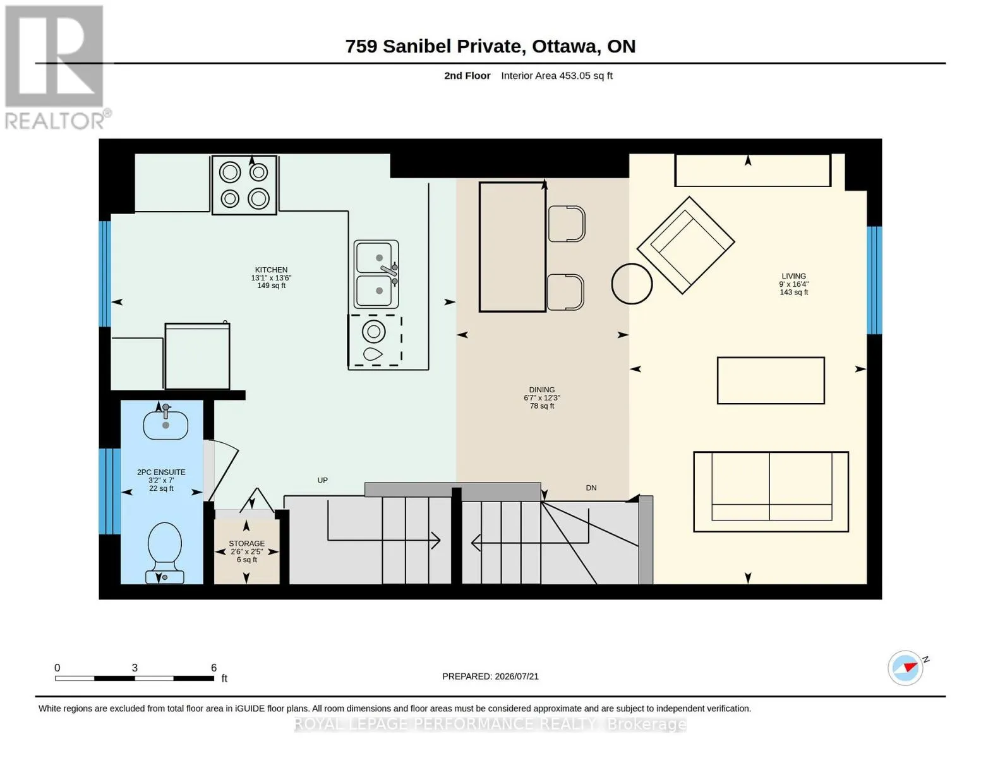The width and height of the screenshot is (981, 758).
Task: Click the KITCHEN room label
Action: (271, 270)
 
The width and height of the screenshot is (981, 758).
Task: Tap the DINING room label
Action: (542, 390)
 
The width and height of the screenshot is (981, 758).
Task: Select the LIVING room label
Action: (793, 276)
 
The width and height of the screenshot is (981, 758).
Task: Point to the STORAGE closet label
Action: (246, 544)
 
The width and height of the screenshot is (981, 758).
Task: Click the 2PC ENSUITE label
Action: (161, 472)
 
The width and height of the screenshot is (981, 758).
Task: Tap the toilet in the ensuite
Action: (165, 553)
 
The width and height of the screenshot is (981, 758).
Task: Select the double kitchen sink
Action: (376, 274)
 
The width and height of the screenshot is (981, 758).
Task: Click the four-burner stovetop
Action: (244, 185)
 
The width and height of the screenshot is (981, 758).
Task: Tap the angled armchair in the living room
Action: (686, 245)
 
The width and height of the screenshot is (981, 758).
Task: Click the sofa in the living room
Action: (771, 491)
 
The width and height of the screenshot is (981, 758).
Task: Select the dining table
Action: (512, 247)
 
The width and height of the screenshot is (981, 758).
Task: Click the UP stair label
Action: (322, 480)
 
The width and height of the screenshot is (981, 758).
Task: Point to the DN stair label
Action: (591, 488)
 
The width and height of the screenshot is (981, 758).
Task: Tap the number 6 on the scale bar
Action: (214, 667)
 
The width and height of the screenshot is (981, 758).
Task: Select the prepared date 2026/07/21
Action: (517, 677)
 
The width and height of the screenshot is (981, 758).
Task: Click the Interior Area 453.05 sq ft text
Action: (557, 76)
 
